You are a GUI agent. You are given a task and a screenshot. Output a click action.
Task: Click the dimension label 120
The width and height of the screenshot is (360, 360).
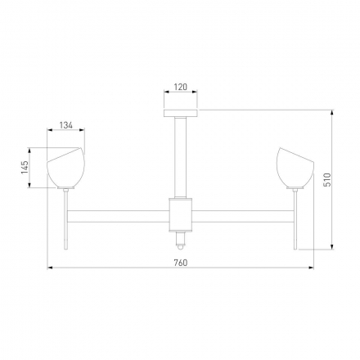click(x=181, y=87)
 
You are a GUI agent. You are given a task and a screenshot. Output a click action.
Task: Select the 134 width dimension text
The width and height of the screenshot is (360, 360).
click(x=66, y=125)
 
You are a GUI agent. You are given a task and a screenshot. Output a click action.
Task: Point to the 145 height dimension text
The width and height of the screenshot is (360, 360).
click(x=25, y=167)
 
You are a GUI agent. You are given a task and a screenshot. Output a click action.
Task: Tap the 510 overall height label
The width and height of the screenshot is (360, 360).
click(x=327, y=179)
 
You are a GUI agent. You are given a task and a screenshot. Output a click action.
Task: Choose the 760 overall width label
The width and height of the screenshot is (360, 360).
click(x=181, y=263)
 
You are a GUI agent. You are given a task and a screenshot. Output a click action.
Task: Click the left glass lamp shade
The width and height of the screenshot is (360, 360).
click(x=66, y=168)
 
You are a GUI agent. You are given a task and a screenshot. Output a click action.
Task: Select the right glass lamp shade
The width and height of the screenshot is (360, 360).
click(x=295, y=168)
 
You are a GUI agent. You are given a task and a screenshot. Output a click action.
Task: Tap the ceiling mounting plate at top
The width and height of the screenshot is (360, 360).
click(x=181, y=114)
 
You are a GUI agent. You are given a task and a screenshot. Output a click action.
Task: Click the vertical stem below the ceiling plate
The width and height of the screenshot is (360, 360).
click(x=181, y=157)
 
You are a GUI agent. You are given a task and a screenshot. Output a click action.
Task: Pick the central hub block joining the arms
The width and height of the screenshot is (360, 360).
click(x=181, y=214)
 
